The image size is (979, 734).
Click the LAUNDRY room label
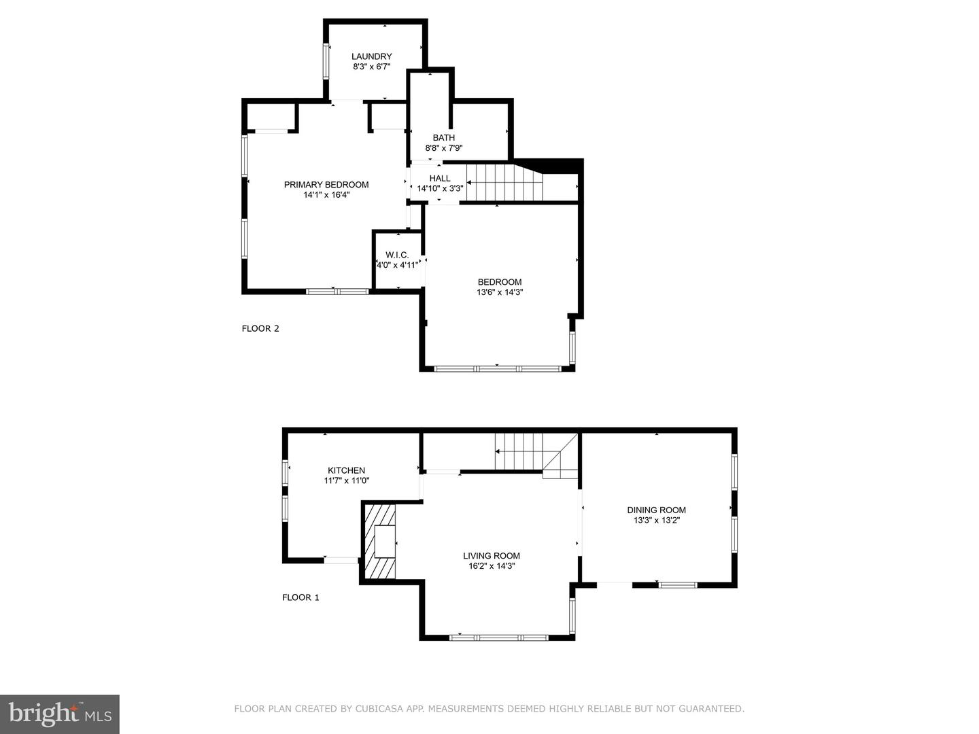(x=371, y=56)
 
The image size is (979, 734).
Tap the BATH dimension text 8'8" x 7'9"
(x=444, y=148)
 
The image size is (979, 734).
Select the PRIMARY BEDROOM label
(x=326, y=185)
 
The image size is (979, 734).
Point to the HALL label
(x=440, y=179)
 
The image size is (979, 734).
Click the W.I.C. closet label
(x=397, y=255)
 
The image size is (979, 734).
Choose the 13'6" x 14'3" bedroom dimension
(x=500, y=292)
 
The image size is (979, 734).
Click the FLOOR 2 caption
(x=260, y=329)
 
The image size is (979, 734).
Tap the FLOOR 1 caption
(x=300, y=598)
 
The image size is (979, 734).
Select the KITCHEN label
(x=347, y=470)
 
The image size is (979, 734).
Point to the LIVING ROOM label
(x=492, y=556)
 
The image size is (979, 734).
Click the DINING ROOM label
(x=657, y=510)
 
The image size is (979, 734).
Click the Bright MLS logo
(x=60, y=714)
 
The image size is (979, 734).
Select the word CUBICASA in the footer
(x=381, y=709)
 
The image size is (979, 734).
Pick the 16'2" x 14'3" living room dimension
(x=492, y=566)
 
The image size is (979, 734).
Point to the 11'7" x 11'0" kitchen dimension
(x=347, y=480)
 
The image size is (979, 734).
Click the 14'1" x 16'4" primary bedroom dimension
(x=326, y=195)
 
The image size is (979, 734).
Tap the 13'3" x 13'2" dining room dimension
(x=657, y=521)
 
